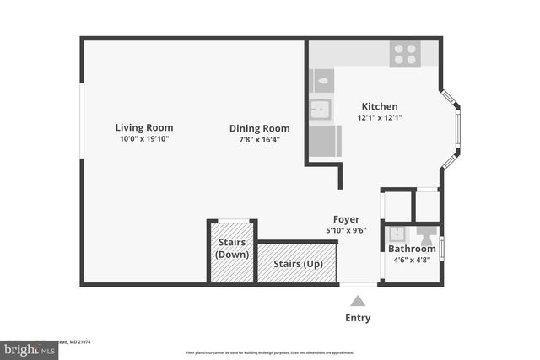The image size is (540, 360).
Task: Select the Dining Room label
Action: (259, 129)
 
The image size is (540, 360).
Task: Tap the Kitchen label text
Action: (380, 106)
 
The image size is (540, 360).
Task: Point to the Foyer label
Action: (346, 219)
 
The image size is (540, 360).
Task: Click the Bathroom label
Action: (412, 249)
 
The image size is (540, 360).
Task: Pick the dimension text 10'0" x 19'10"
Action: (144, 139)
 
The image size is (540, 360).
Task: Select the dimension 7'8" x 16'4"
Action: (259, 140)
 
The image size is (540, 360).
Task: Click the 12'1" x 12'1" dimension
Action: (380, 117)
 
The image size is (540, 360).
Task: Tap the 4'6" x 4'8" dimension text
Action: (412, 260)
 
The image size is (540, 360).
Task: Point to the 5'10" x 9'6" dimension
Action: (346, 230)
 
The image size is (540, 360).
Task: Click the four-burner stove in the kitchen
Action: (406, 54)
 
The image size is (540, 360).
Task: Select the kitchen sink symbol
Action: (321, 108)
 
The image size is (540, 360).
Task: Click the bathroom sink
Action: (397, 234)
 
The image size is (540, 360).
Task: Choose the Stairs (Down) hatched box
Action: (232, 253)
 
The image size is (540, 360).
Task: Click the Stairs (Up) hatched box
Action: (298, 263)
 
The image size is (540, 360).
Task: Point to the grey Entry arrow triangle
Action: (358, 301)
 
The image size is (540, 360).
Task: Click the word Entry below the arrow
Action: (358, 318)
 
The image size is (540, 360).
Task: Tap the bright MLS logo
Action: (29, 349)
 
